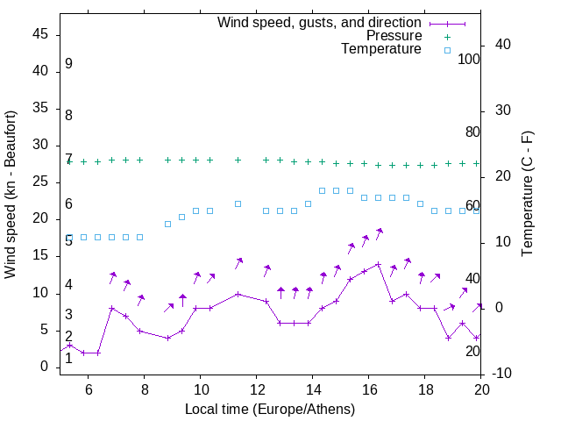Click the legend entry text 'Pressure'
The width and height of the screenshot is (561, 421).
pyautogui.click(x=394, y=36)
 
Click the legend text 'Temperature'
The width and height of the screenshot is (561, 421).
pyautogui.click(x=381, y=49)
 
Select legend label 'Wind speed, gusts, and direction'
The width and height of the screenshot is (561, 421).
pyautogui.click(x=319, y=23)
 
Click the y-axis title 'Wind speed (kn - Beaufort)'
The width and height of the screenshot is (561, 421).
pyautogui.click(x=11, y=195)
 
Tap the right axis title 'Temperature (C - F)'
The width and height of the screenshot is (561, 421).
pyautogui.click(x=527, y=195)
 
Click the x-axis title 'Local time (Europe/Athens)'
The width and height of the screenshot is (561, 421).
pyautogui.click(x=270, y=409)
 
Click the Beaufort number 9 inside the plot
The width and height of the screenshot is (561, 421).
pyautogui.click(x=68, y=64)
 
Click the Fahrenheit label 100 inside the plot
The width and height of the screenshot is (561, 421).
pyautogui.click(x=469, y=59)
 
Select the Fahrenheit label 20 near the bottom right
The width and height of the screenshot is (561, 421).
pyautogui.click(x=472, y=351)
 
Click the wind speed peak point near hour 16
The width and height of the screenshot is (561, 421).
pyautogui.click(x=378, y=264)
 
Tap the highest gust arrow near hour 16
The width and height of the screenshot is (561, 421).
pyautogui.click(x=380, y=232)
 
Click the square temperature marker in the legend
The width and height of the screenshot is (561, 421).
pyautogui.click(x=447, y=50)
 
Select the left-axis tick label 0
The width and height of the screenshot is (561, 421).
pyautogui.click(x=45, y=367)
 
